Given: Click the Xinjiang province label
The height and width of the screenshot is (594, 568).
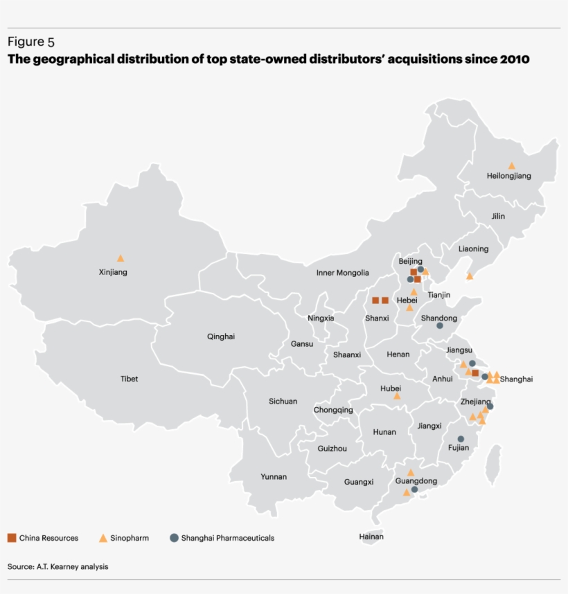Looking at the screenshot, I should pos(113,272).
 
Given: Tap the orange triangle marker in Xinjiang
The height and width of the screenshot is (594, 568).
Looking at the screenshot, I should pos(121,258).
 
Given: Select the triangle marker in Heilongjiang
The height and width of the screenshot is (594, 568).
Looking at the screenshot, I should pos(512,166).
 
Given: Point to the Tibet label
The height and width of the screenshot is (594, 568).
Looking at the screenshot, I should pos(129,379).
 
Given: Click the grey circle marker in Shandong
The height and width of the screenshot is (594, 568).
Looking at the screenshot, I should pos(440,325).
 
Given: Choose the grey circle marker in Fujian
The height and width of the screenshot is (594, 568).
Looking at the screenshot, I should pos(461,439).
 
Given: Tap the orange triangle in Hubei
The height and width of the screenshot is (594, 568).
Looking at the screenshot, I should pos(397,396).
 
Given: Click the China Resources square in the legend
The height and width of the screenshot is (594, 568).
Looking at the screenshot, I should pos(12,538).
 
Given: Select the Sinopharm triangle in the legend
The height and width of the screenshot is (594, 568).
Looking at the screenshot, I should pos(103,538).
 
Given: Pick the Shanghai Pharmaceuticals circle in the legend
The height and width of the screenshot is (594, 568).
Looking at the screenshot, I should pos(175,538).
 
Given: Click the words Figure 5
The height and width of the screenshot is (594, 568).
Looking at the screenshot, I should pos(31,42).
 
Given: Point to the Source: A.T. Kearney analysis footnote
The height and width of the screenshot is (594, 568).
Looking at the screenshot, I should pos(58,566).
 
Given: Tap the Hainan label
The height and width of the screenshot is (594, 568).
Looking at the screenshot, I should pos(371,537).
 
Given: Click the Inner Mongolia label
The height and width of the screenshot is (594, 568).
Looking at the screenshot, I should pos(343,273).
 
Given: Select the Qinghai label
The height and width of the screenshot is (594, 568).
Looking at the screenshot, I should pos(221,336).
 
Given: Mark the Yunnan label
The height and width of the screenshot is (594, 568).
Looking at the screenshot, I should pos(274,476).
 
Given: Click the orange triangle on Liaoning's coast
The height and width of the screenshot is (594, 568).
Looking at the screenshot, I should pos(470,276).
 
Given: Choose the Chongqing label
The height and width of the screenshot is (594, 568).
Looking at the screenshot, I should pos(333,410).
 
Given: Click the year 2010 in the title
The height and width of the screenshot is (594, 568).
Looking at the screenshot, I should pos(513,59).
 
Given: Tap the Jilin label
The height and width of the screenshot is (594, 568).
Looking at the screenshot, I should pos(498,216).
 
